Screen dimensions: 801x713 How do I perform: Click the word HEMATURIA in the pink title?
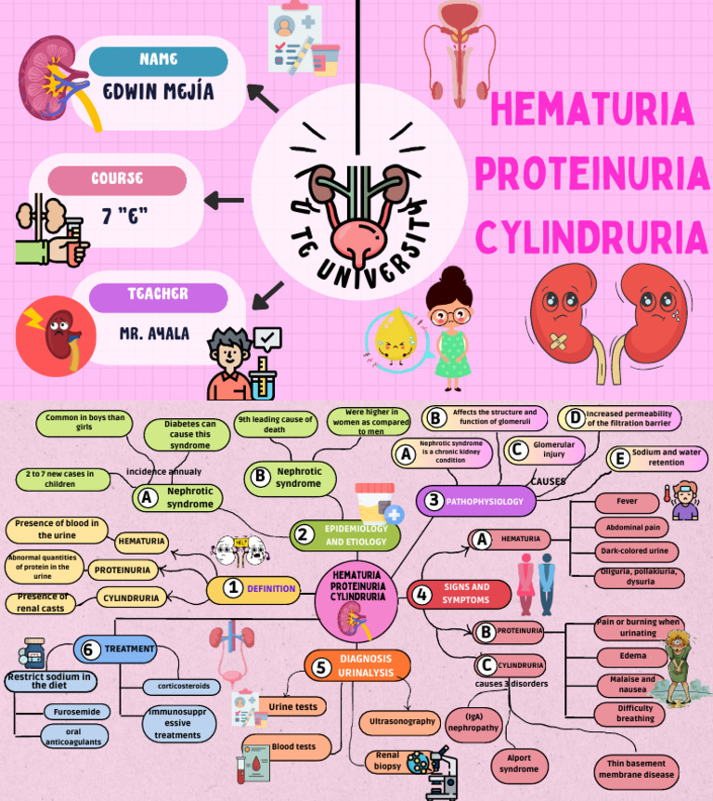click(591, 110)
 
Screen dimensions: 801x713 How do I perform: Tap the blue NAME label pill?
click(158, 60)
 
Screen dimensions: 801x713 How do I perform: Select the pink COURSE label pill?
click(117, 179)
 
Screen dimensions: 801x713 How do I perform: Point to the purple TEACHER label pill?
click(158, 295)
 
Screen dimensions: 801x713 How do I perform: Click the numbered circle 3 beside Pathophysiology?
click(433, 502)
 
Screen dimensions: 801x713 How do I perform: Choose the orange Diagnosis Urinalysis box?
click(357, 665)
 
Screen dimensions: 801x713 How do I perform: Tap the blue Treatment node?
click(116, 649)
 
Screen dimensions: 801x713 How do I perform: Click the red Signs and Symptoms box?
click(460, 594)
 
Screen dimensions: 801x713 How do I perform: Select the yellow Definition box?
click(253, 588)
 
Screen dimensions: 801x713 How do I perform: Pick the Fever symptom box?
click(627, 502)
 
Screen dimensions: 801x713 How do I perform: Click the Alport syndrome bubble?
click(518, 764)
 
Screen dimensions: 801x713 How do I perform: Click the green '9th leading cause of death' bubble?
click(276, 424)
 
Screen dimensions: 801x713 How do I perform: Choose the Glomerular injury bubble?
click(541, 450)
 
